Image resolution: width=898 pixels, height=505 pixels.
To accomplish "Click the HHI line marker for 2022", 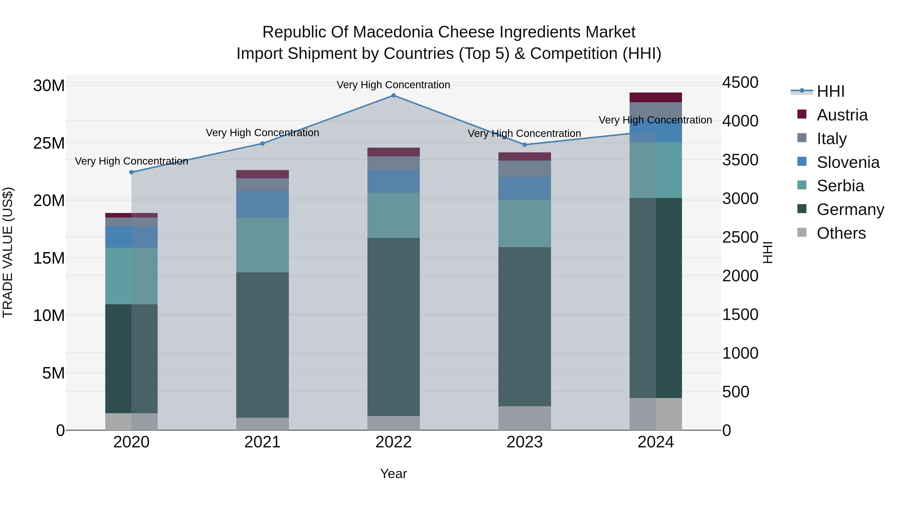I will tap(394, 96).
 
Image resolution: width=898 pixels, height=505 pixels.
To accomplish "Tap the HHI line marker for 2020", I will tap(131, 172).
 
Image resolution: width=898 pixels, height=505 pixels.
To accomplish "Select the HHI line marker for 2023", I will tap(525, 145).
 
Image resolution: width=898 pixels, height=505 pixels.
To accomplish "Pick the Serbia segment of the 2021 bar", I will tap(262, 245).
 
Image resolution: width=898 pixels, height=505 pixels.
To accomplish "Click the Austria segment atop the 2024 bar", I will tap(656, 97).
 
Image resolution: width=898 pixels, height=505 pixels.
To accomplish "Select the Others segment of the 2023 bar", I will tap(525, 418).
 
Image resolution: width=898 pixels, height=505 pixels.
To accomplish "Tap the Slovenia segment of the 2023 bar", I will tap(525, 188).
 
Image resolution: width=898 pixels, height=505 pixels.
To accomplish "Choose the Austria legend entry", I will tap(842, 115).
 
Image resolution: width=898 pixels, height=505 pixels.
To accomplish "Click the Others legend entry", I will tap(841, 233).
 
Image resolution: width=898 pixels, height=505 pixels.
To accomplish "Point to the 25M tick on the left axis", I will tap(49, 143).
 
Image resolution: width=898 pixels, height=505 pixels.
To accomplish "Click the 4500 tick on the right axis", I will tap(740, 83).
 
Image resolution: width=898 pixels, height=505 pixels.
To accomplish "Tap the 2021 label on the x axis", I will tap(262, 442).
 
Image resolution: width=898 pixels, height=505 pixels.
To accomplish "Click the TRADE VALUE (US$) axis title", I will tap(8, 252).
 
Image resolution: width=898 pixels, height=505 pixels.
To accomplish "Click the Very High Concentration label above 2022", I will tap(394, 85).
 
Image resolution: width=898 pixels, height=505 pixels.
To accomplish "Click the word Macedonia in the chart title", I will tap(395, 32).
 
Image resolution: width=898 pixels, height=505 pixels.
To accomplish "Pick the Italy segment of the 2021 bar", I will tap(262, 184).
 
